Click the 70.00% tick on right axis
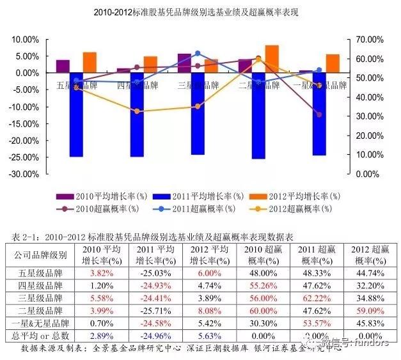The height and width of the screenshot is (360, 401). [369, 40]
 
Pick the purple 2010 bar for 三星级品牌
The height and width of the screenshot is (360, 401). [184, 63]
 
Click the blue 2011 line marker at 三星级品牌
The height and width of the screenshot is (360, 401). [198, 54]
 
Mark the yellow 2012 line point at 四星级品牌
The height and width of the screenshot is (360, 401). [137, 111]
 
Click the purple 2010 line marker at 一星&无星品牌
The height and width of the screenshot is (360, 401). [319, 114]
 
